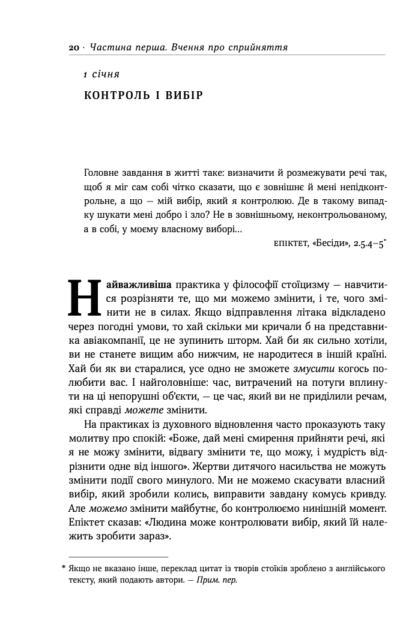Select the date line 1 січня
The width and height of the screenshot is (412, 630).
tap(101, 74)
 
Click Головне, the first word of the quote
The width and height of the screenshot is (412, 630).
tap(103, 172)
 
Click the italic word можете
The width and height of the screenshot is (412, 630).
tap(142, 411)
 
